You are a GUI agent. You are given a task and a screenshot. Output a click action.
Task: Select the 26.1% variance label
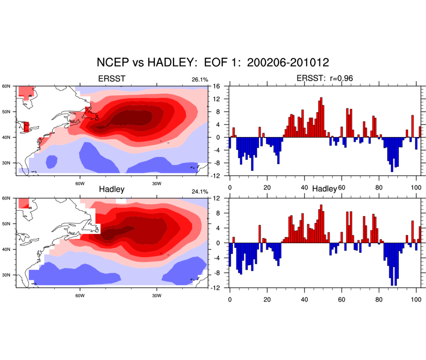(200, 80)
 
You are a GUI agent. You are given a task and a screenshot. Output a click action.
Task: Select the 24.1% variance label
(200, 191)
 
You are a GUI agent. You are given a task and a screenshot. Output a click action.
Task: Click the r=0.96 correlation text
(338, 79)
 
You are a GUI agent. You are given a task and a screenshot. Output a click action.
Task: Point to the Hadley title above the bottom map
(112, 189)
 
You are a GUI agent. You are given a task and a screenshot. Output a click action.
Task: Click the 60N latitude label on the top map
(6, 86)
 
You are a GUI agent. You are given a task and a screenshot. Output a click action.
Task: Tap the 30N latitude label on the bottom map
(6, 275)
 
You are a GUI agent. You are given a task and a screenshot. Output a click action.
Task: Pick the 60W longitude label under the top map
(79, 183)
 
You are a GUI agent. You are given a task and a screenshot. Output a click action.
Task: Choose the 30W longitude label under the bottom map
(156, 295)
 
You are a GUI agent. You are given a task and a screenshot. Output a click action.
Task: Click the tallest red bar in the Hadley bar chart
(321, 223)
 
